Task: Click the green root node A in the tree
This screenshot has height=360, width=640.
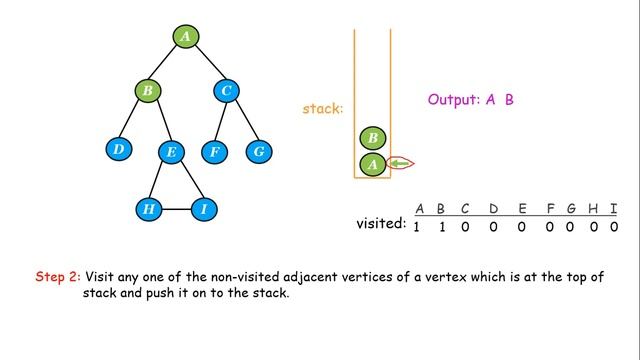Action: tap(184, 36)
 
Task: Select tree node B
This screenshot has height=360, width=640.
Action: tap(147, 92)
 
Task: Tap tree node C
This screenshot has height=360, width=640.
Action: tap(227, 92)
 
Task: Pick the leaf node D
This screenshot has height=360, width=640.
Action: tap(118, 150)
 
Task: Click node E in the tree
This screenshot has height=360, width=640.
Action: tap(171, 152)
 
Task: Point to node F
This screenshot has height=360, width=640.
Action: tap(213, 152)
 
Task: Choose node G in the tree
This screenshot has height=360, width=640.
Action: tap(259, 152)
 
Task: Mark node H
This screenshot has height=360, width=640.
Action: tap(148, 209)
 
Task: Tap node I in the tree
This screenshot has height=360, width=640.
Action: tap(203, 209)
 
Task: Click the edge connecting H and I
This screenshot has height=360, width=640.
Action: tap(176, 210)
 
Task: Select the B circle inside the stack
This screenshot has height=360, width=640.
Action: tap(372, 138)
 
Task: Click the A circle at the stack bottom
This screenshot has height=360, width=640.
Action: tap(372, 164)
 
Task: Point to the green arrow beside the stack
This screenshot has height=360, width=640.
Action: tap(400, 164)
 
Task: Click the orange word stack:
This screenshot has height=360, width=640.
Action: tap(322, 108)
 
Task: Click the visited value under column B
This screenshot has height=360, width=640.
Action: tap(442, 227)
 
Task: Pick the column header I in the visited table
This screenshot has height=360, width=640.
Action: tap(614, 208)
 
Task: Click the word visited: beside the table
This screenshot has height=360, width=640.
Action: tap(381, 224)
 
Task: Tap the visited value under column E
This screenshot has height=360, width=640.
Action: tap(521, 227)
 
